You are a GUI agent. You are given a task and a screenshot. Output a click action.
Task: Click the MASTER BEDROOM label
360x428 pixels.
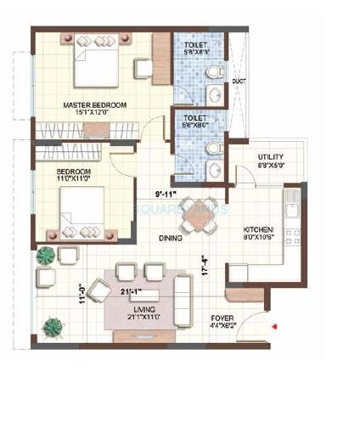(x=94, y=105)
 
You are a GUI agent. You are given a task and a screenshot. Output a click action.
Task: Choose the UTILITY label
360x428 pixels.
(x=273, y=156)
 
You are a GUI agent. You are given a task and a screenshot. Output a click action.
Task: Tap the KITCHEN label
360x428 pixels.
(x=258, y=231)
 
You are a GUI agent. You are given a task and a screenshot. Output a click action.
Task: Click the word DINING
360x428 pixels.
(x=171, y=239)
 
